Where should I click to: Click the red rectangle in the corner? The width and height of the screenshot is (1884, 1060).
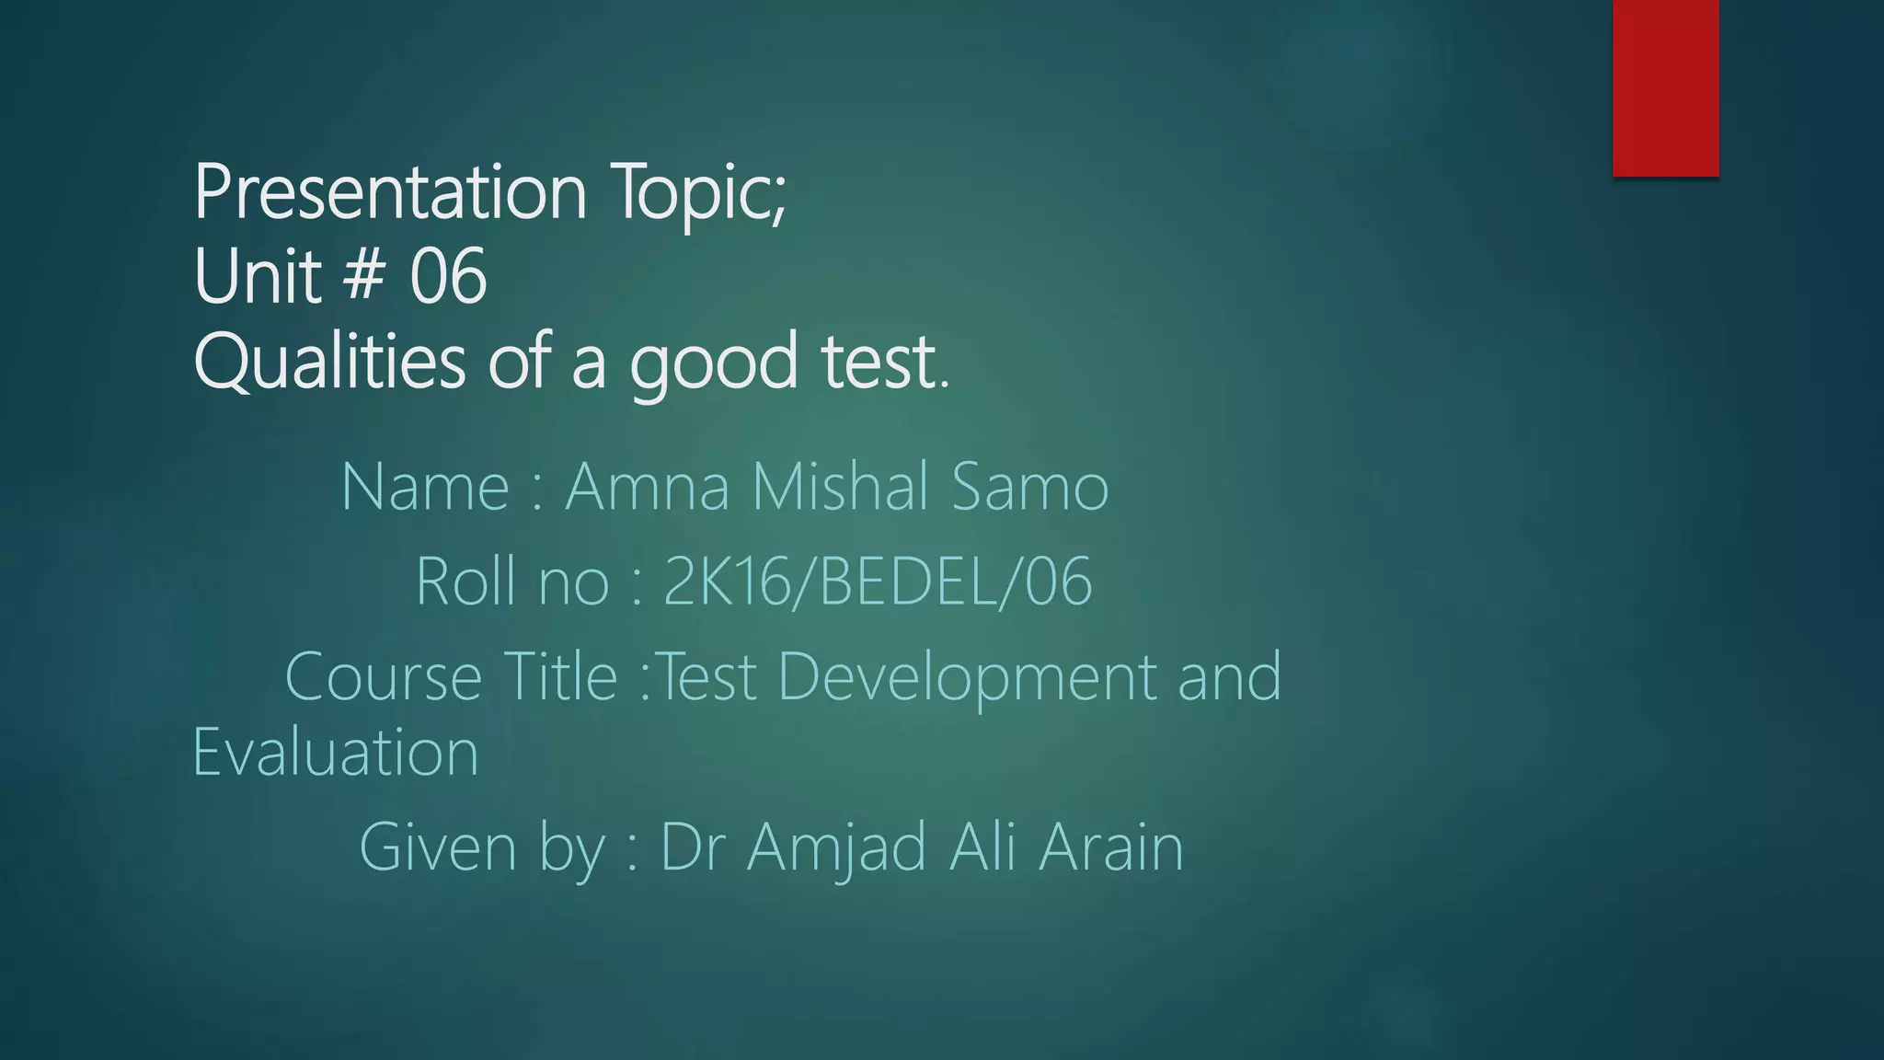coord(1665,87)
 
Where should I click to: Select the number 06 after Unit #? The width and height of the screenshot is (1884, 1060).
coord(448,276)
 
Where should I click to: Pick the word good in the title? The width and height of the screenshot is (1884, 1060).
coord(713,363)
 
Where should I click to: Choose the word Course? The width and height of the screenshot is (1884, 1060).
coord(383,676)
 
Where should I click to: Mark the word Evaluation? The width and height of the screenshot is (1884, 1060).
coord(336,753)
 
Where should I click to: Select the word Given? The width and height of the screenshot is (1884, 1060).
coord(439,847)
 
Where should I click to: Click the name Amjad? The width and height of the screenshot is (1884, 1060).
coord(836,848)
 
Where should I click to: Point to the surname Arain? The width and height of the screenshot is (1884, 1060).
coord(1110,847)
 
